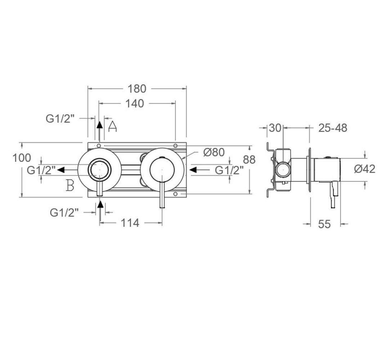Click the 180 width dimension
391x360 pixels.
[x=137, y=88]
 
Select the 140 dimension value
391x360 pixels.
[x=135, y=104]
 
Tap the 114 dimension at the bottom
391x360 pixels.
[x=130, y=223]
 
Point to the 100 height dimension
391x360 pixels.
[x=22, y=158]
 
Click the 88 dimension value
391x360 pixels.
[x=249, y=159]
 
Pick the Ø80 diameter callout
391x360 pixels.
[x=214, y=152]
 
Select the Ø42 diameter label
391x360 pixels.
[x=364, y=169]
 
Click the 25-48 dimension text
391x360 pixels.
[x=333, y=128]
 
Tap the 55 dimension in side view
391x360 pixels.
[x=325, y=224]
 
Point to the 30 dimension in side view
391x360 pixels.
[x=275, y=128]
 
